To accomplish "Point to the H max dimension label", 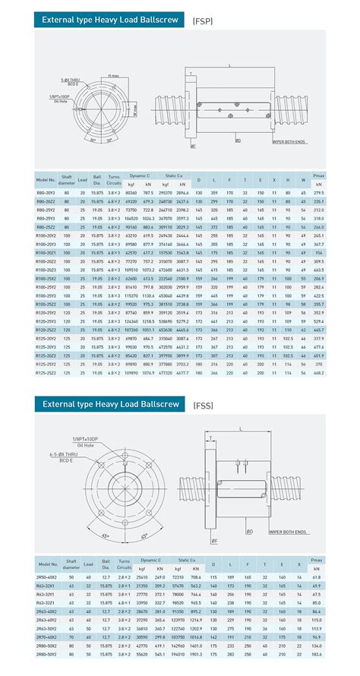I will point(114,75).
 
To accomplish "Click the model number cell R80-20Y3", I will point(47,193).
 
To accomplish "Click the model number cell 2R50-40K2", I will point(47,577).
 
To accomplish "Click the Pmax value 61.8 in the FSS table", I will point(317,577).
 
